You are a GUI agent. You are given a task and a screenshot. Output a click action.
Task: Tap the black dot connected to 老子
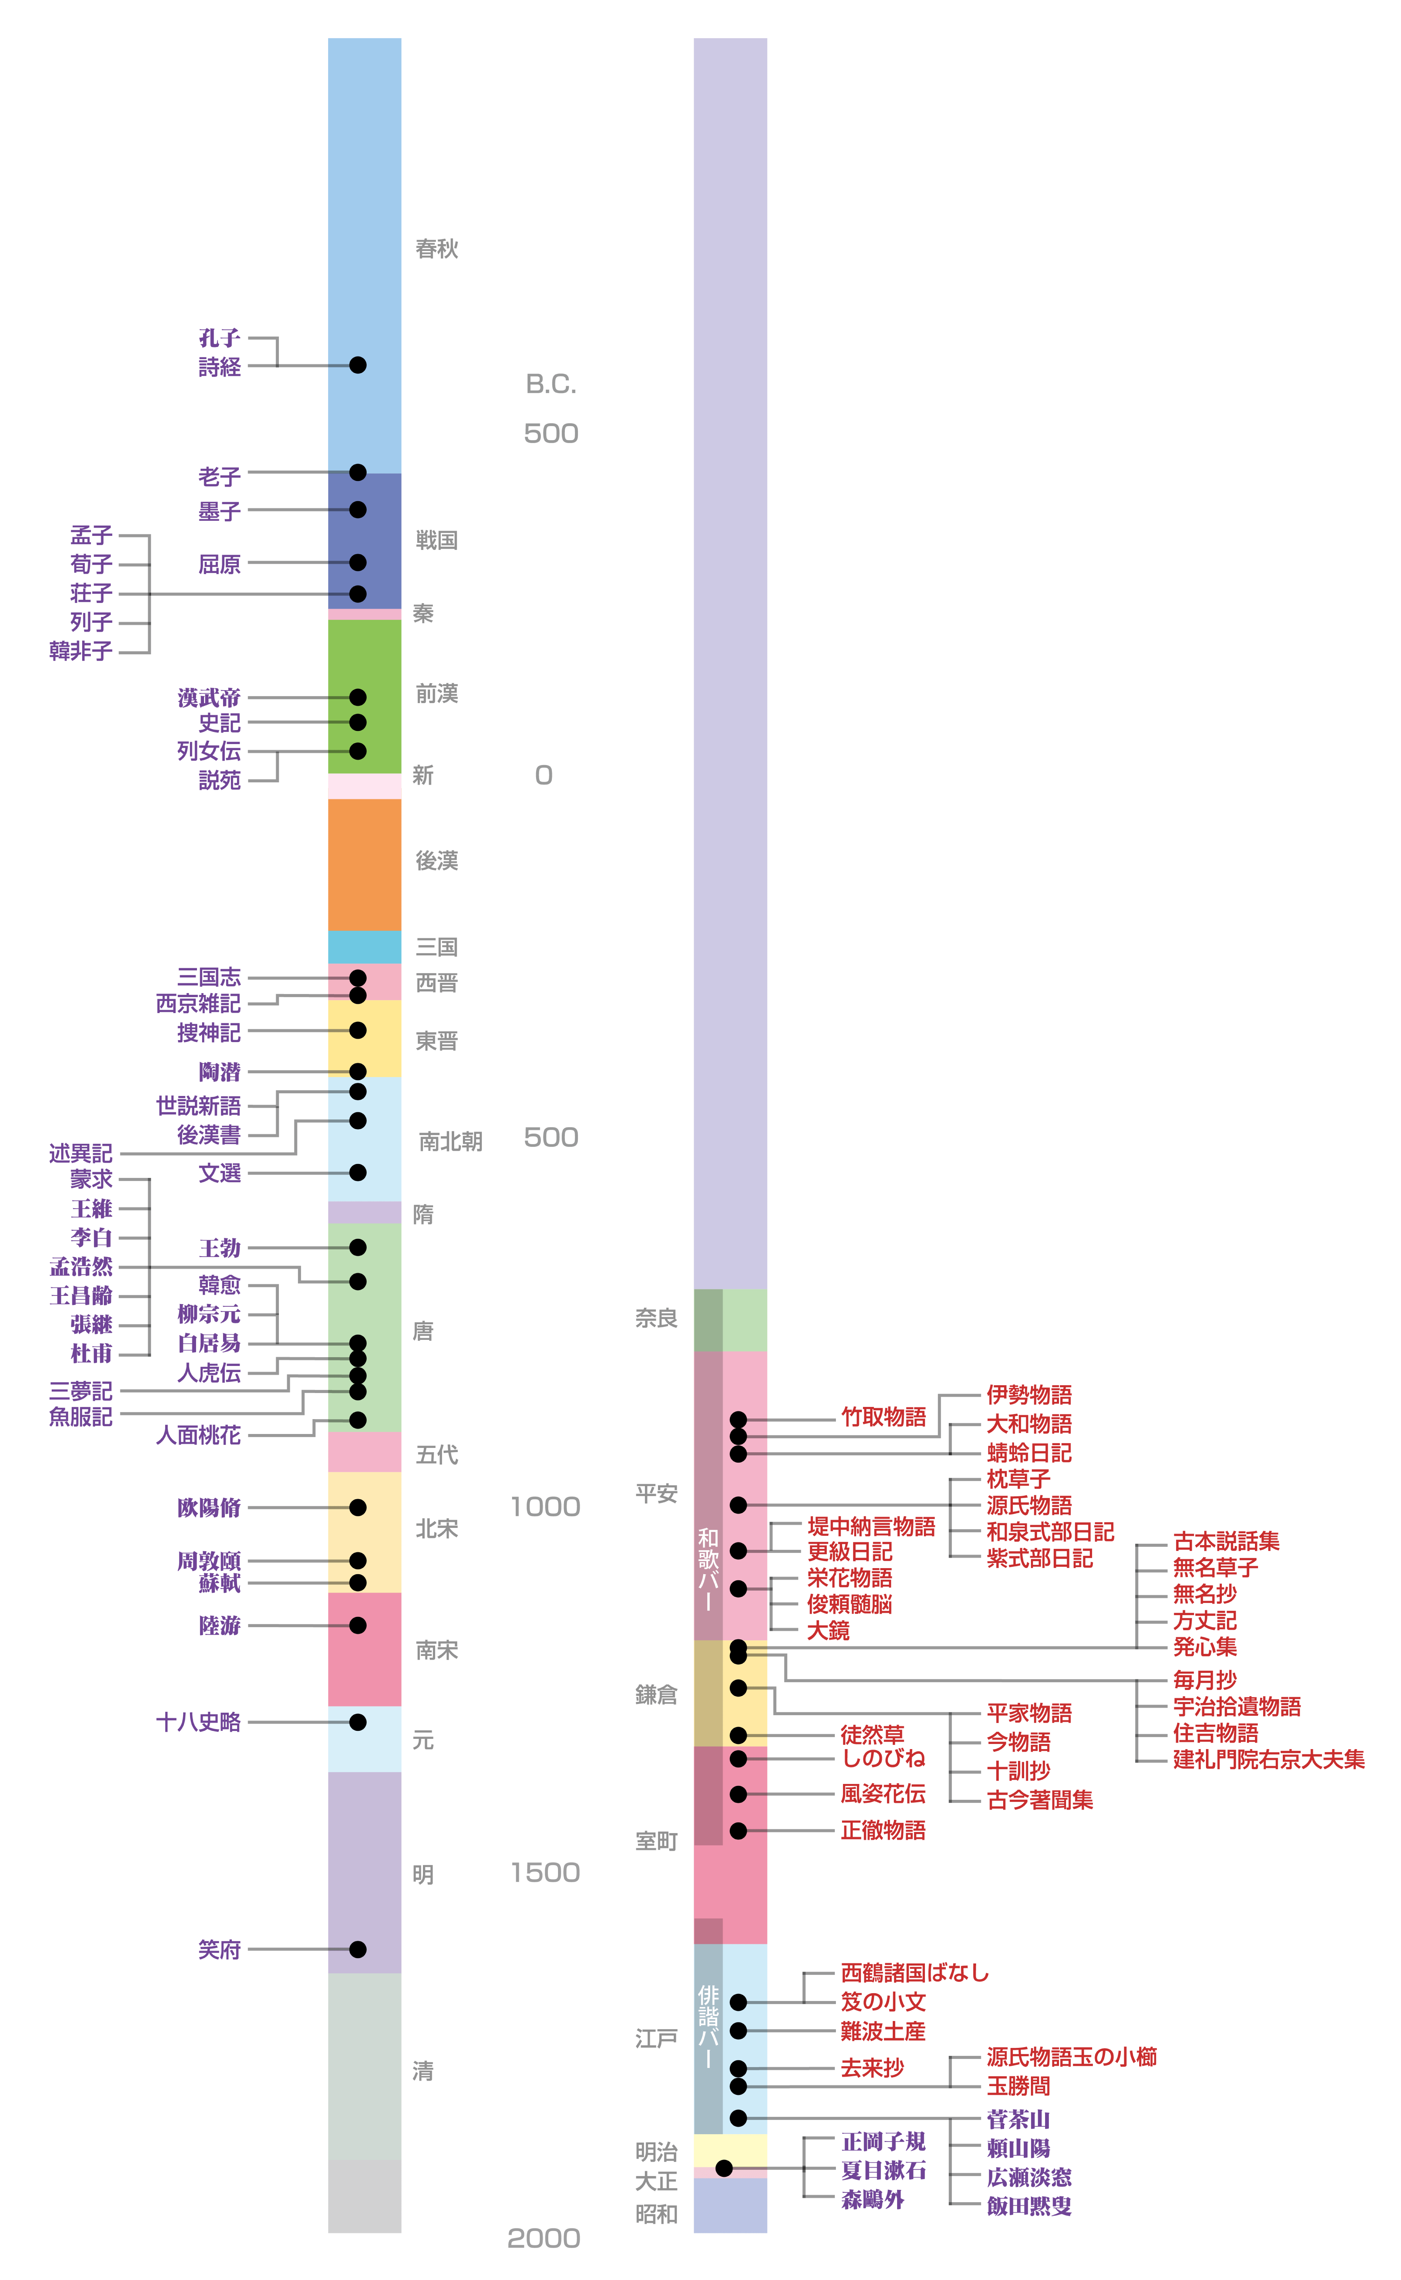358,473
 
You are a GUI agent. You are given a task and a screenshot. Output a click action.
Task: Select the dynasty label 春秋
436,249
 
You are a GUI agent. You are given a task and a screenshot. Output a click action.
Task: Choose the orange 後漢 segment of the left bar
364,864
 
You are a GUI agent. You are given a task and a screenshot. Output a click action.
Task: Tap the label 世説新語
198,1106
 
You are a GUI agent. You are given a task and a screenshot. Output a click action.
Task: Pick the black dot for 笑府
358,1949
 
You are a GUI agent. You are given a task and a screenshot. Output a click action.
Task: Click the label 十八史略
198,1722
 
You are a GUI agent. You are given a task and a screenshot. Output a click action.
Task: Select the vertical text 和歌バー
708,1569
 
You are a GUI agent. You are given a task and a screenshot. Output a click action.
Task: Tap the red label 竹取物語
883,1417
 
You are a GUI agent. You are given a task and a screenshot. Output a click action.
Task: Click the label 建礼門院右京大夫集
1268,1759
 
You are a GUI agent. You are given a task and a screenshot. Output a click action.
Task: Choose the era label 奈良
656,1318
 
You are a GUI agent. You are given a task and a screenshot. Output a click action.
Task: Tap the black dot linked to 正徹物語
738,1831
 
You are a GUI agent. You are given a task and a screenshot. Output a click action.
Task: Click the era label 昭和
656,2214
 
